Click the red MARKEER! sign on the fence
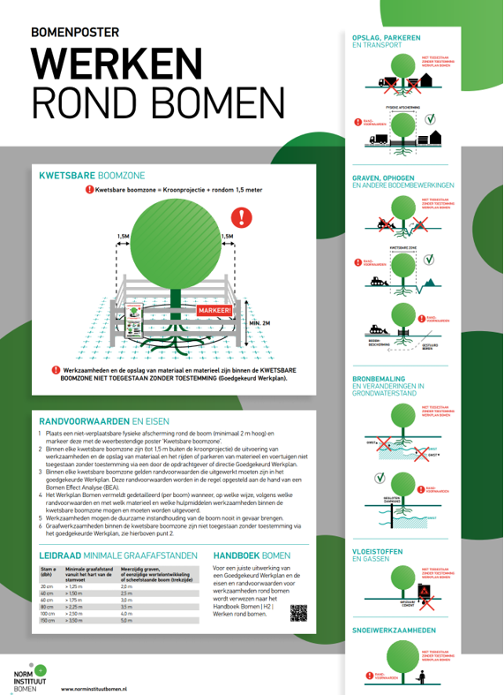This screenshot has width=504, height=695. point(215,310)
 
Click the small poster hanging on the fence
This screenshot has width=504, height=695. point(133,321)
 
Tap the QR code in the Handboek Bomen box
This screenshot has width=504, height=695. point(298,613)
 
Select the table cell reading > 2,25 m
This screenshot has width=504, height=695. point(78,608)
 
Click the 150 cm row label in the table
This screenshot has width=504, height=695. point(49,622)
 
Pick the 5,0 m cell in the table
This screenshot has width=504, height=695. point(126,622)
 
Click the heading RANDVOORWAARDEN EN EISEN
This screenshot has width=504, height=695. point(103,420)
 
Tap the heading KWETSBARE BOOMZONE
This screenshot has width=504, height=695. point(92,176)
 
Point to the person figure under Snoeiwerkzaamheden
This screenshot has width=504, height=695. point(426,677)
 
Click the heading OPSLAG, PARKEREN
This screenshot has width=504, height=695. point(386,37)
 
